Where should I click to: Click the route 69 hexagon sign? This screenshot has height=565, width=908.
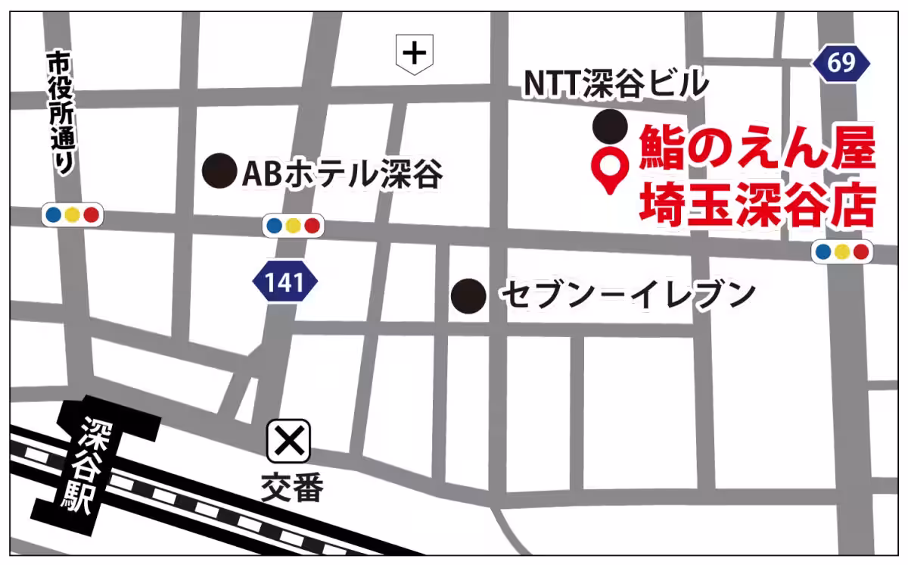point(841,63)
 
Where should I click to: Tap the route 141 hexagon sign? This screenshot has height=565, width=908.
point(285,282)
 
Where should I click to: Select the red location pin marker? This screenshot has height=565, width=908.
point(610,170)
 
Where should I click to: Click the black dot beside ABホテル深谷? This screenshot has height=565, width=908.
point(219,171)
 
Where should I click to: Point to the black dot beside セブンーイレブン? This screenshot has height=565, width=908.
point(468,295)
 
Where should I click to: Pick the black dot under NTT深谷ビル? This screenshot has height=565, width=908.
point(610,126)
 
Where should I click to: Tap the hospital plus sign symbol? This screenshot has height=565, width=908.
point(414,55)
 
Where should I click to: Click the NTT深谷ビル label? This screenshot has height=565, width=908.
point(617,83)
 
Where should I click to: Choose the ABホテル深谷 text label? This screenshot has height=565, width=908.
point(342,174)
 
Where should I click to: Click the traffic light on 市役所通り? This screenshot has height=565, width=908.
point(72,215)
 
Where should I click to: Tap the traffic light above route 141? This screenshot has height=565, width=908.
point(293,225)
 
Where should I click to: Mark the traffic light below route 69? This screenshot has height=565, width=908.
point(842,252)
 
